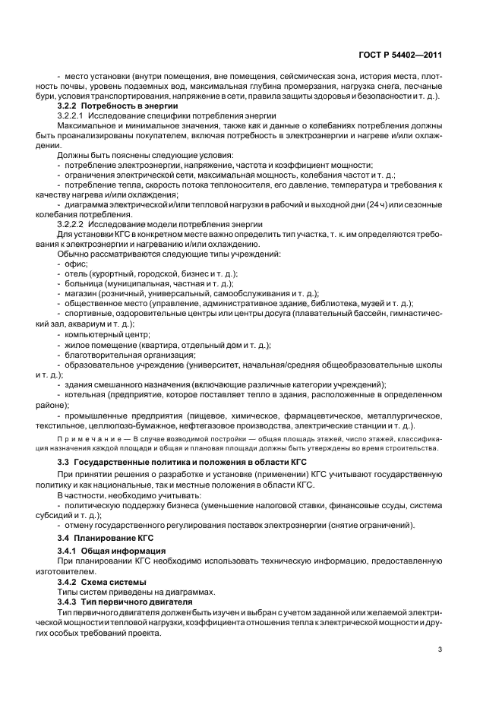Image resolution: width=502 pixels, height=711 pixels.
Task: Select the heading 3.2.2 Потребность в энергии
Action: coord(118,106)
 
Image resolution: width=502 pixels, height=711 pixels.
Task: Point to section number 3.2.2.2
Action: coord(71,224)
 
